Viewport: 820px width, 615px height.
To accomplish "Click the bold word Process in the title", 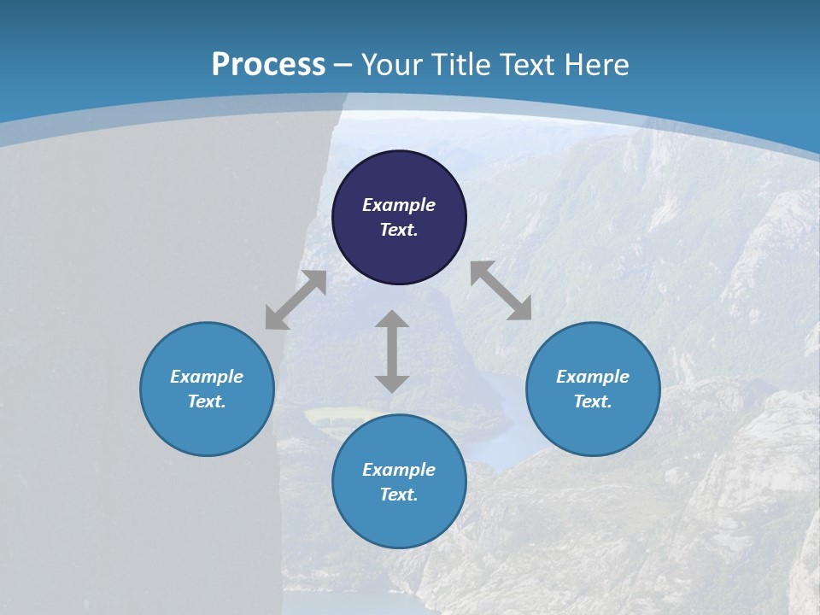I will [268, 65].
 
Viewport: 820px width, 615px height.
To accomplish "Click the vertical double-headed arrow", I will [392, 351].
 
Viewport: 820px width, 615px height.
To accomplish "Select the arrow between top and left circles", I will [296, 300].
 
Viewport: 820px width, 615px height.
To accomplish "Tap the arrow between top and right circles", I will [501, 290].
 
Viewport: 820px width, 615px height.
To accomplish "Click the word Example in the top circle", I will [399, 205].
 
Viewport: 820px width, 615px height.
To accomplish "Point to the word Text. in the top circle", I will [399, 230].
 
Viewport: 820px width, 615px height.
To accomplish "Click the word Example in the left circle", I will [207, 377].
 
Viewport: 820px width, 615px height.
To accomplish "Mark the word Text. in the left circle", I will [207, 401].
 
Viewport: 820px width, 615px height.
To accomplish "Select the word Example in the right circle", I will [593, 377].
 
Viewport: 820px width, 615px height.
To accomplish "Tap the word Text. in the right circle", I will [593, 401].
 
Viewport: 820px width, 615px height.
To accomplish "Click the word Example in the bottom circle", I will [399, 470].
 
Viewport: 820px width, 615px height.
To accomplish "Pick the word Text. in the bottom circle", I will [399, 495].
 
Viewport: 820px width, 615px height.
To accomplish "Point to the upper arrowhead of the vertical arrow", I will [392, 320].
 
